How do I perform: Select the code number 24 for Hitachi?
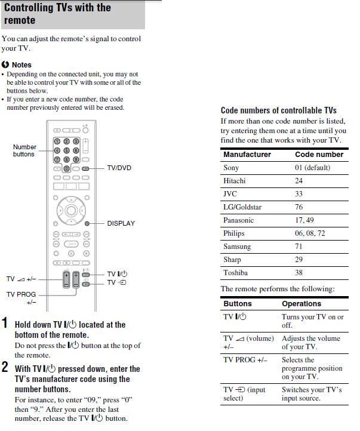[x=299, y=181]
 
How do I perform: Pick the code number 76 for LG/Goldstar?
[x=299, y=207]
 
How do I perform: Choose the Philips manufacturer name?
[x=234, y=233]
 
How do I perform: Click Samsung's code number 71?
[x=299, y=247]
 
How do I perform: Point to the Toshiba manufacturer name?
[x=235, y=273]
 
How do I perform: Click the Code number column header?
[x=319, y=155]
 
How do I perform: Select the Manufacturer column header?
[x=247, y=155]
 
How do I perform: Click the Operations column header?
[x=301, y=304]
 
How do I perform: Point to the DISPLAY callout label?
[x=121, y=223]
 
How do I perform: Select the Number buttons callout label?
[x=24, y=150]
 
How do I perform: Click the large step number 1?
[x=5, y=324]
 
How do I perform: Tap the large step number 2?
[x=5, y=368]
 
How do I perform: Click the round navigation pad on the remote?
[x=71, y=210]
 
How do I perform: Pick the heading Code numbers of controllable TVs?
[x=279, y=110]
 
